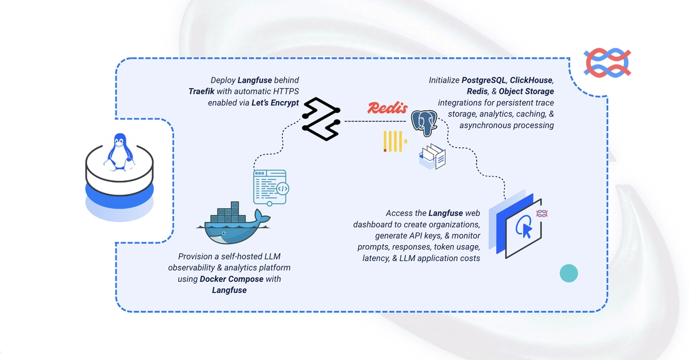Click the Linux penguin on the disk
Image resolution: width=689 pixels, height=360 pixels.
click(x=119, y=152)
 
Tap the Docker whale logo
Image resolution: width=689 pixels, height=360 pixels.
click(x=234, y=223)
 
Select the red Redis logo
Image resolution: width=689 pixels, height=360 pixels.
click(x=388, y=108)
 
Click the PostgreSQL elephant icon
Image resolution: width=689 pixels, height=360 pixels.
click(x=424, y=123)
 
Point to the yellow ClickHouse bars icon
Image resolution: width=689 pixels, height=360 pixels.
click(x=395, y=141)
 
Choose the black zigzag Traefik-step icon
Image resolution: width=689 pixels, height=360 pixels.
click(x=321, y=119)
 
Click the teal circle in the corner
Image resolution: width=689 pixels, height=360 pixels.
click(x=569, y=273)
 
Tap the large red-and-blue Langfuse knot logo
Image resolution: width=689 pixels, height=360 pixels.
click(x=607, y=63)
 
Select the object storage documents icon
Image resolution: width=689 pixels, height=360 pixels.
click(x=432, y=157)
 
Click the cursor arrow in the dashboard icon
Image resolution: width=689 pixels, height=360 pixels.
click(x=527, y=231)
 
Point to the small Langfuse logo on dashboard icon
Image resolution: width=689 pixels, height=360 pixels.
click(x=541, y=214)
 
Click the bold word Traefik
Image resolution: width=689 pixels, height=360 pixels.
click(x=202, y=91)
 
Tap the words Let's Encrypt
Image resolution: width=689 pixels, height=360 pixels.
click(x=275, y=103)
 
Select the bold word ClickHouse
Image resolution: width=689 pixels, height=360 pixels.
click(x=531, y=80)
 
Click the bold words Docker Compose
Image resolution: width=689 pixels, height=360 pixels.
click(x=231, y=279)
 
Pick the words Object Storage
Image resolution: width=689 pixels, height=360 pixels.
click(x=527, y=91)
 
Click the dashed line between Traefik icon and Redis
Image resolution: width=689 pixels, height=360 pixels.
click(x=375, y=121)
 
